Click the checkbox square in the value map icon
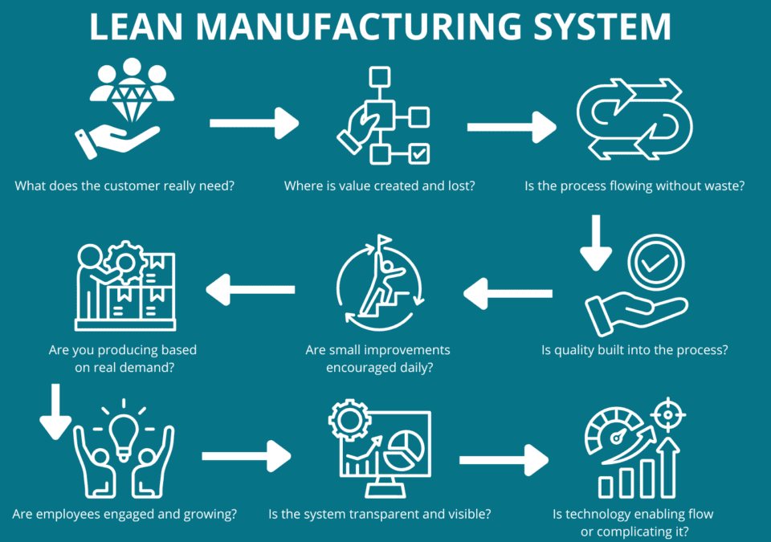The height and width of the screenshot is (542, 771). point(419,153)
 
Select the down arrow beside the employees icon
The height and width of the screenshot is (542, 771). point(55,411)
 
